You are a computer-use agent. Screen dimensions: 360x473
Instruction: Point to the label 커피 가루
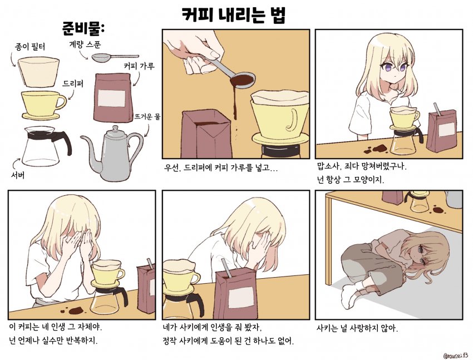[x=139, y=66]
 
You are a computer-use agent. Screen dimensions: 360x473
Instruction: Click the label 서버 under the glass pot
[x=18, y=174]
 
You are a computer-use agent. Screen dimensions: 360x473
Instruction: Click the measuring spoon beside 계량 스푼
[x=114, y=57]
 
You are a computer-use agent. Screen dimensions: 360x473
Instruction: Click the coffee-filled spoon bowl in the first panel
[x=242, y=81]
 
